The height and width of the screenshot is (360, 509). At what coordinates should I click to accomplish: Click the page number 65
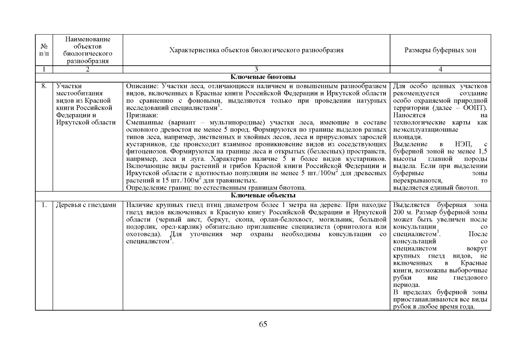pyautogui.click(x=263, y=324)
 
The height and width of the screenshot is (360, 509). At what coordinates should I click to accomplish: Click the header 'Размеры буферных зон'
pyautogui.click(x=440, y=50)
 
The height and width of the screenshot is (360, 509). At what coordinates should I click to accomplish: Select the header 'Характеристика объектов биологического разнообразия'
pyautogui.click(x=256, y=50)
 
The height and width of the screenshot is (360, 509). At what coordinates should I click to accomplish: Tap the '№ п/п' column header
pyautogui.click(x=44, y=50)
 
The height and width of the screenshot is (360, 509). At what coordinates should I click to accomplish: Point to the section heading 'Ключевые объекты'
pyautogui.click(x=263, y=196)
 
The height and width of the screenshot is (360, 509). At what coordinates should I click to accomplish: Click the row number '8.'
pyautogui.click(x=44, y=86)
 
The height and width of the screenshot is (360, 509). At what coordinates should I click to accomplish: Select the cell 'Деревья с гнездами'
pyautogui.click(x=86, y=205)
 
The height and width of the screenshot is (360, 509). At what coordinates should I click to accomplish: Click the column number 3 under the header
pyautogui.click(x=256, y=70)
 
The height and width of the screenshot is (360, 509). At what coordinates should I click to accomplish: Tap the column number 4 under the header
pyautogui.click(x=440, y=70)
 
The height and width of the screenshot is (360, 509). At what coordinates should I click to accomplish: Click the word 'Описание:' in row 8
pyautogui.click(x=140, y=86)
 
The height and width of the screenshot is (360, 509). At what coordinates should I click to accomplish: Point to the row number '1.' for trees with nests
pyautogui.click(x=44, y=205)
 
